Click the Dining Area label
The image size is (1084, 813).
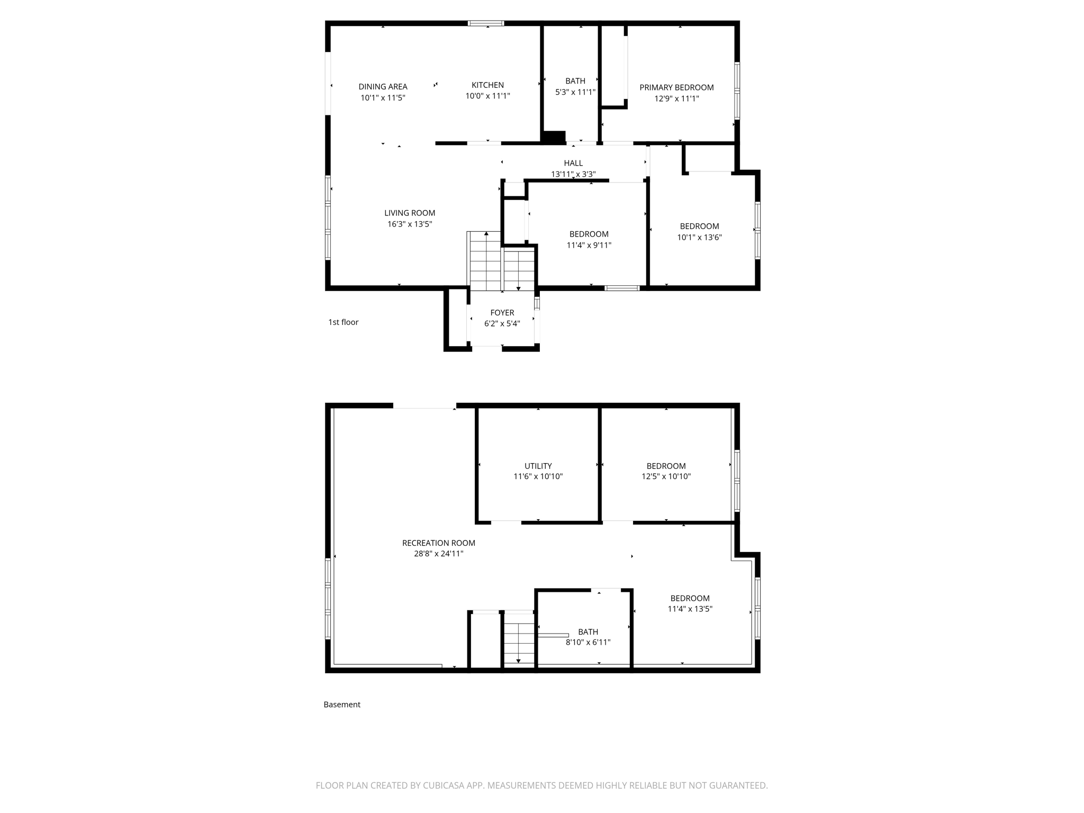click(x=383, y=87)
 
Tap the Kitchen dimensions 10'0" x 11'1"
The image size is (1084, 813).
click(x=487, y=96)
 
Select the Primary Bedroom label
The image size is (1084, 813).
click(x=676, y=87)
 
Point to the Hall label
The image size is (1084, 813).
click(x=573, y=163)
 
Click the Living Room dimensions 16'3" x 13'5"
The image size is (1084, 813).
click(x=410, y=224)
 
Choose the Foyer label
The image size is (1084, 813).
click(x=502, y=313)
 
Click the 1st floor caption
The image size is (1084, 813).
click(x=344, y=322)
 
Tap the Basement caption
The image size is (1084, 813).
click(x=342, y=704)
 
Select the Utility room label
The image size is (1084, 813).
click(x=538, y=466)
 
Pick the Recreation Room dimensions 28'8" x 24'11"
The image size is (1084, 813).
click(x=438, y=554)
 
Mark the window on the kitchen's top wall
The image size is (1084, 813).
click(x=486, y=23)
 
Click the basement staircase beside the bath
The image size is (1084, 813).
click(x=519, y=643)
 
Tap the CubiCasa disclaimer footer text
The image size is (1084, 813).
click(x=541, y=785)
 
